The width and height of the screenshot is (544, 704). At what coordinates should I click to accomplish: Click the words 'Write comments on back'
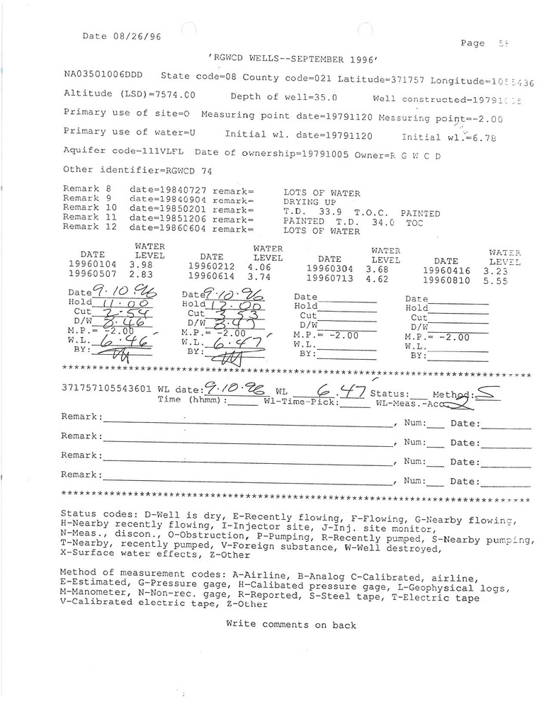[x=291, y=625]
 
